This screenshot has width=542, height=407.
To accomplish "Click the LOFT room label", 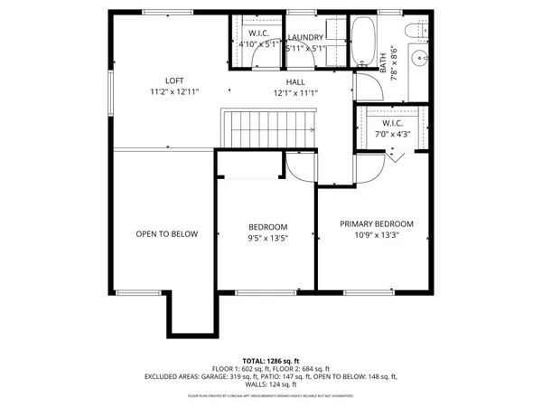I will click(x=174, y=80).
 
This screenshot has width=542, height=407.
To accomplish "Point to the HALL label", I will click(x=295, y=81).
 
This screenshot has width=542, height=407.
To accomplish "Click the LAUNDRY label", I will click(x=305, y=37).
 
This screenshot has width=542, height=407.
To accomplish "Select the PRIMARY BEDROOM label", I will click(x=376, y=223).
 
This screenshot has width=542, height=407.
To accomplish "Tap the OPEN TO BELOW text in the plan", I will click(x=166, y=233).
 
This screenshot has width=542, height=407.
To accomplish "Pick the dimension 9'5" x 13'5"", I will click(x=267, y=240).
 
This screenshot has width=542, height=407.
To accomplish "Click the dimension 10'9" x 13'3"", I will click(x=376, y=235).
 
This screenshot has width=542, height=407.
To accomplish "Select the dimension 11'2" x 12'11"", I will click(x=174, y=92).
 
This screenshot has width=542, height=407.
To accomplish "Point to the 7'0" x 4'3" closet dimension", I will click(x=392, y=135).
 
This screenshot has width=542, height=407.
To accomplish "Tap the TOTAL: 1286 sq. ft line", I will click(x=270, y=359).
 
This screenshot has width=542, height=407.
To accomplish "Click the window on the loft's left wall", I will click(x=110, y=90).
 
